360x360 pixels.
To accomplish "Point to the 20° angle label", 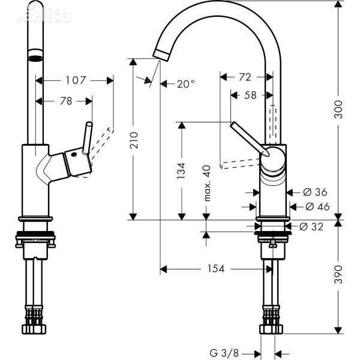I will tap(185, 85).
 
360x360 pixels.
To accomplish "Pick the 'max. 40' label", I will tap(208, 182).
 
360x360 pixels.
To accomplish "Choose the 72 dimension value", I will tap(245, 77).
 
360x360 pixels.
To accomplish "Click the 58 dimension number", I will tap(251, 95).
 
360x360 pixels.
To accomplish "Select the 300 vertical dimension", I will tap(339, 108).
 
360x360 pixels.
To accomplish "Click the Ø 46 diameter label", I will tap(316, 206).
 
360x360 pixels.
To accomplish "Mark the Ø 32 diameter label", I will tap(311, 226).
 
